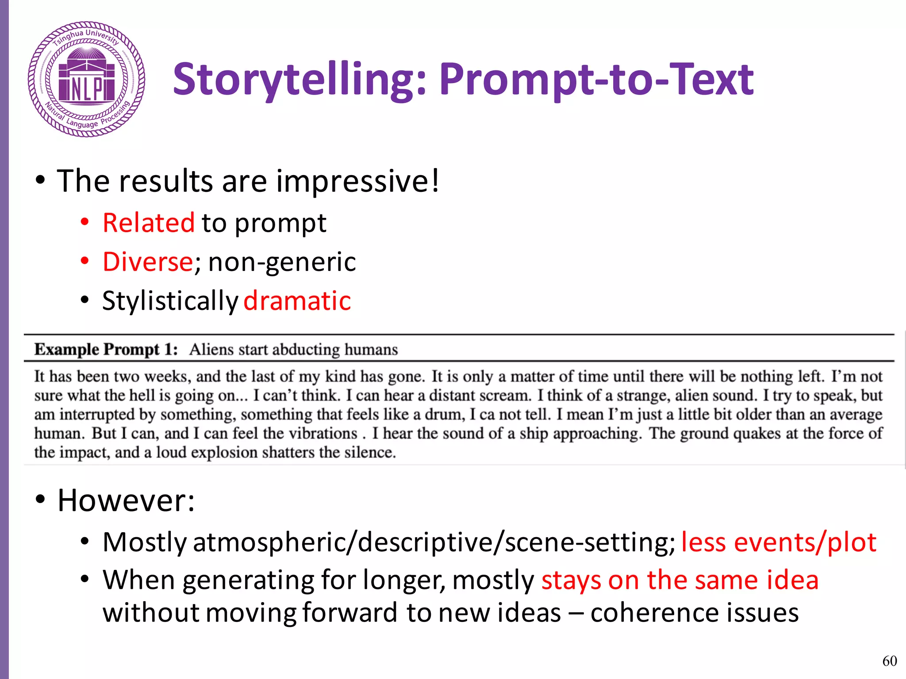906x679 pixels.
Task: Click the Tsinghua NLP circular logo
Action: click(x=87, y=79)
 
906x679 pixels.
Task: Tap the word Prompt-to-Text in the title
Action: click(x=596, y=80)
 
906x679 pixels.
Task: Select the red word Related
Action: click(x=149, y=222)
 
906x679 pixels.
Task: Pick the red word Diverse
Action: click(x=148, y=262)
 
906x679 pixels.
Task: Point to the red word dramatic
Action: click(x=297, y=301)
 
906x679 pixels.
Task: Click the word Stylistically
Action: click(x=170, y=301)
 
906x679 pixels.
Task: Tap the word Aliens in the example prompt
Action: click(x=211, y=350)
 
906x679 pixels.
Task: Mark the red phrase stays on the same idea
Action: click(x=680, y=580)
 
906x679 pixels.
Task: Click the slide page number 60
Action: click(x=890, y=661)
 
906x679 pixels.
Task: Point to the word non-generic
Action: click(x=282, y=262)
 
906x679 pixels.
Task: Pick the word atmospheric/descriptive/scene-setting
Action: click(x=434, y=542)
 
